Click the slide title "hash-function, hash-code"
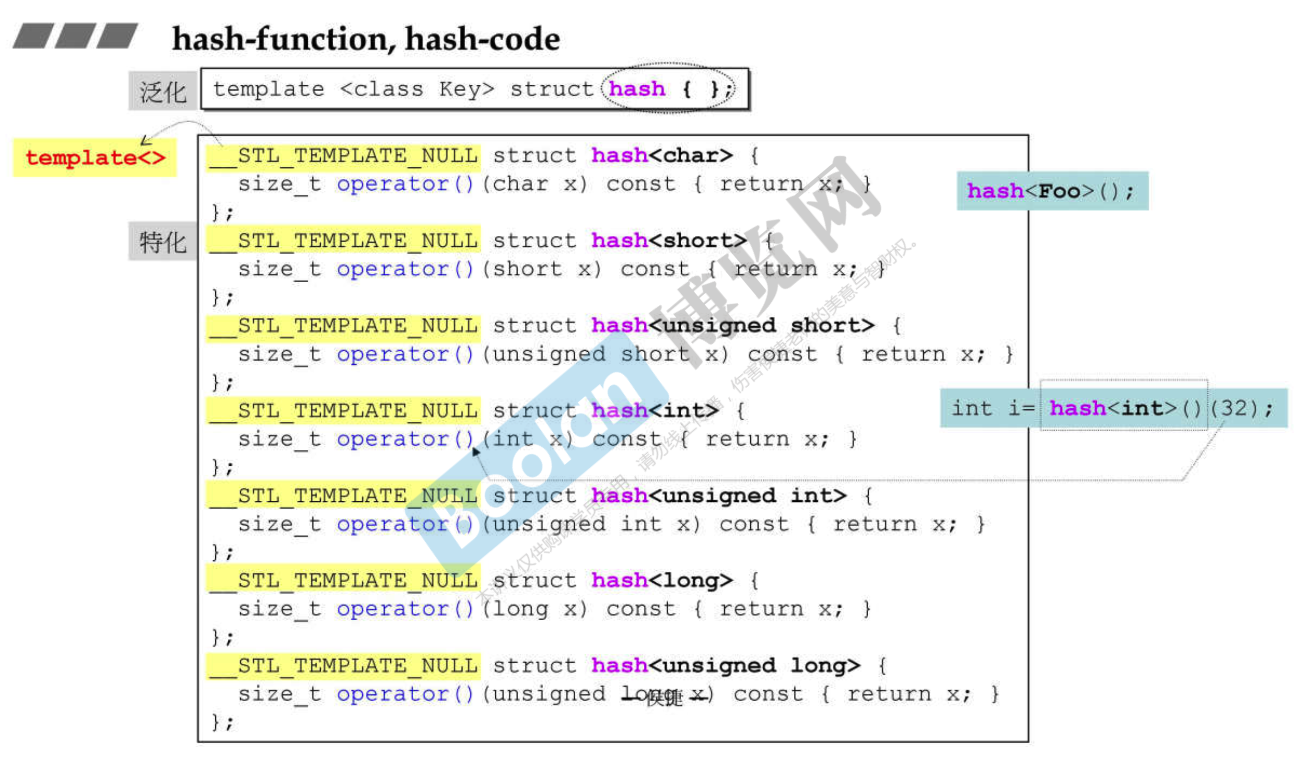(x=366, y=39)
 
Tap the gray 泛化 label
(x=163, y=92)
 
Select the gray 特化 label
(x=163, y=242)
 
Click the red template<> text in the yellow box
(x=95, y=158)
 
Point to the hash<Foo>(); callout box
(x=1052, y=191)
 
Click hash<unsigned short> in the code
(x=733, y=325)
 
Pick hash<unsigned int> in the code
(x=719, y=496)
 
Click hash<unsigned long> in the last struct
(x=725, y=665)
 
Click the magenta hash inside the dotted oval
(x=637, y=89)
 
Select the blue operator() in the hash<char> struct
(x=405, y=184)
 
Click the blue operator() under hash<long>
(x=405, y=609)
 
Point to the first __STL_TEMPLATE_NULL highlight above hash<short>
(x=344, y=241)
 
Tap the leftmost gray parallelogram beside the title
(x=33, y=35)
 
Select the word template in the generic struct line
(x=268, y=89)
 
